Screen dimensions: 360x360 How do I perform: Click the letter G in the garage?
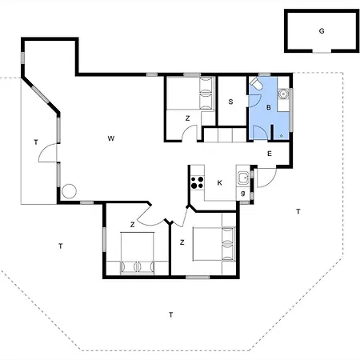(x=322, y=31)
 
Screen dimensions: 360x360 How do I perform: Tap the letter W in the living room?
(x=111, y=138)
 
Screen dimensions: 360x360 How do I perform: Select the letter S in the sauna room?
(x=230, y=102)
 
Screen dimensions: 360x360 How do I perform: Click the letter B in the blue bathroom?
(x=269, y=107)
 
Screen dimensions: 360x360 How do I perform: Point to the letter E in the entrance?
(x=270, y=154)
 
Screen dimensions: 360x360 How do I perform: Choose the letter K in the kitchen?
(x=220, y=182)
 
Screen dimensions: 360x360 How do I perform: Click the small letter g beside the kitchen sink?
(x=243, y=194)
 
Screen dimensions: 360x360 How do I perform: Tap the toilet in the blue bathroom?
(x=256, y=84)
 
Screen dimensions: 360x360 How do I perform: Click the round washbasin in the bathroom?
(x=283, y=94)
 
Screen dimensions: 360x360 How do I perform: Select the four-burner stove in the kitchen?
(x=197, y=182)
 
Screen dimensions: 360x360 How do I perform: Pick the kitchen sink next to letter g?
(x=243, y=178)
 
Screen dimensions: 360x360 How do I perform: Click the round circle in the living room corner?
(x=69, y=191)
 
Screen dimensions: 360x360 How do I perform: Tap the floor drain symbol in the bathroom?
(x=282, y=136)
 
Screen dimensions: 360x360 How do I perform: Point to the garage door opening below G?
(x=322, y=52)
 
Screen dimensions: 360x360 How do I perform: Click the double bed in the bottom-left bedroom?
(x=138, y=253)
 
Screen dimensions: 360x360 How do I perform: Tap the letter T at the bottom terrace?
(x=170, y=314)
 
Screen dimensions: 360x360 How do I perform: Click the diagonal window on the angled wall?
(x=41, y=94)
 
